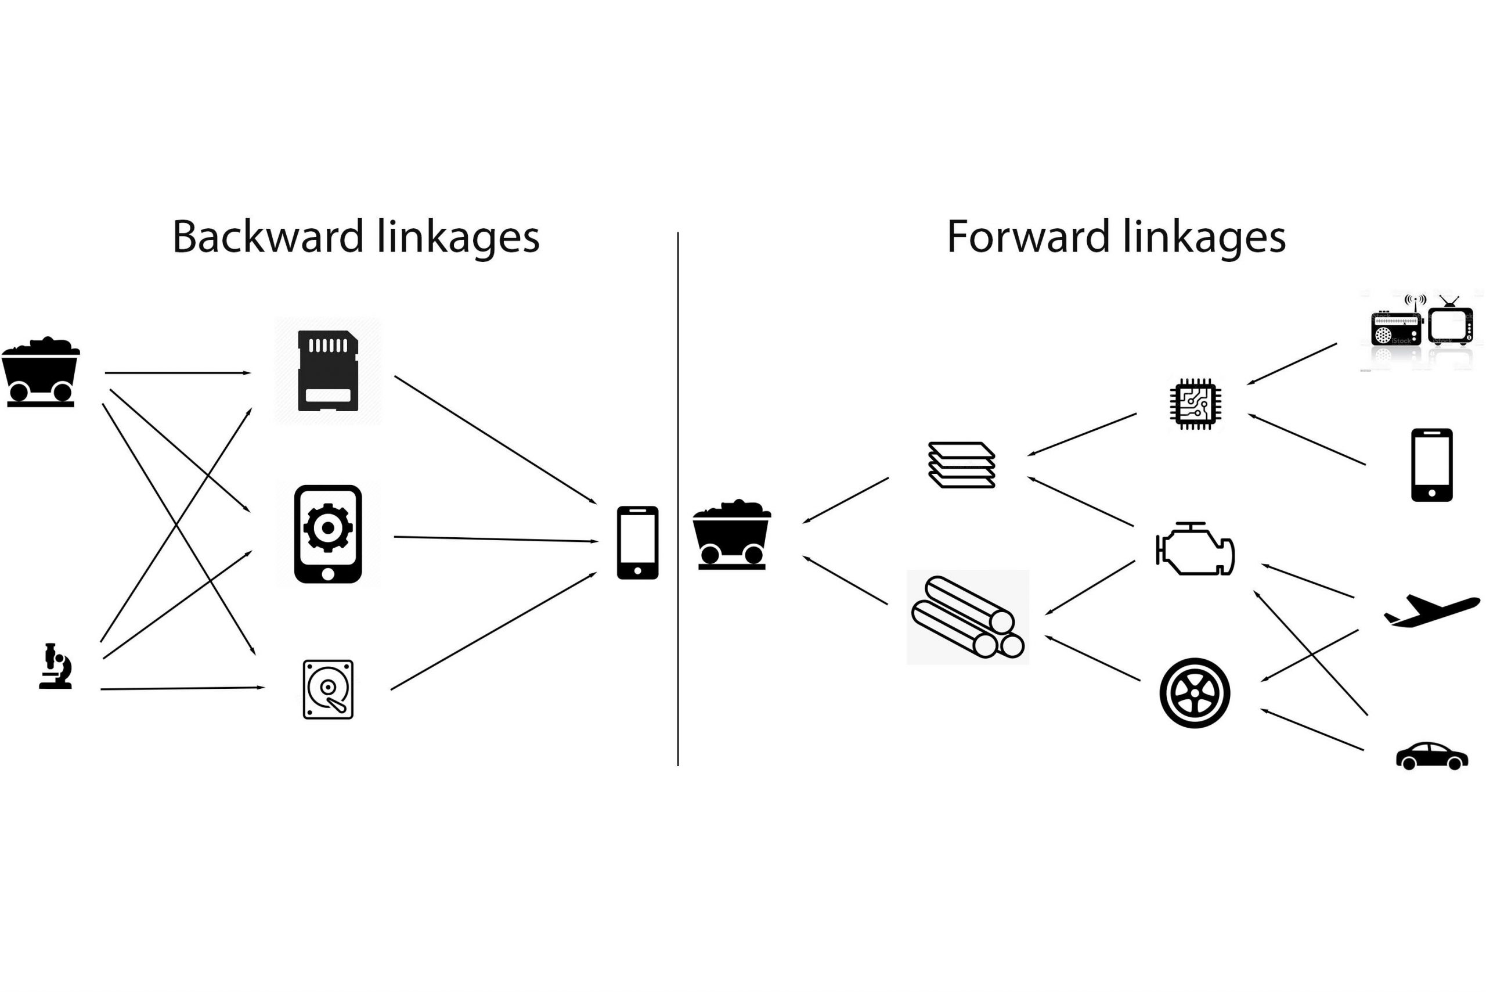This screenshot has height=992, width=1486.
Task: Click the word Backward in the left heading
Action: point(268,237)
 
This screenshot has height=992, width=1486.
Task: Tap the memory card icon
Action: point(327,371)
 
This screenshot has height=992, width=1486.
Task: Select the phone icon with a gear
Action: point(327,533)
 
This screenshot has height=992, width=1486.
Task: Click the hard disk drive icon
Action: point(327,689)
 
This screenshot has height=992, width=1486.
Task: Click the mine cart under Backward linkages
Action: point(41,372)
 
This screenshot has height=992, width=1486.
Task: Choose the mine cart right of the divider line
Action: point(731,535)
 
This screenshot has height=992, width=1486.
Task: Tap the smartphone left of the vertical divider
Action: point(637,542)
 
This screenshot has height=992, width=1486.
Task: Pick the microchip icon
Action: point(1195,404)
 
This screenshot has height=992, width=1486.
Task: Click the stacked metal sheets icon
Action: point(961,465)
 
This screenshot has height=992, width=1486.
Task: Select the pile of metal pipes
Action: point(968,617)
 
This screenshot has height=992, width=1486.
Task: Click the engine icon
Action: point(1195,549)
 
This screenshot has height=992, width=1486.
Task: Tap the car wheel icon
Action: point(1195,693)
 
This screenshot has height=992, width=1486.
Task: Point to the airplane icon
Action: point(1432,610)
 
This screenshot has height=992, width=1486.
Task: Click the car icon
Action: point(1431,756)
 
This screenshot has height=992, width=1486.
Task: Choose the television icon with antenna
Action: point(1451,324)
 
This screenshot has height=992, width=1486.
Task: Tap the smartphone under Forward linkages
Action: point(1431,465)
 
